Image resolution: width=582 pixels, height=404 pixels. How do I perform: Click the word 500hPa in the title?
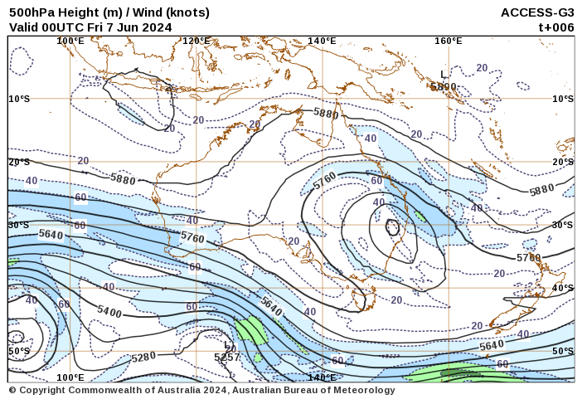point(29,12)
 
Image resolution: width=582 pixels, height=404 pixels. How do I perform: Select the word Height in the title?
point(73,12)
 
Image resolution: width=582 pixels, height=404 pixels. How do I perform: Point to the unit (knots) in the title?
point(187,12)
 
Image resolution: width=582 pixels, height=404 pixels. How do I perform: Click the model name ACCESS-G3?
point(537,12)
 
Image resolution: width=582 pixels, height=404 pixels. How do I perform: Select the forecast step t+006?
point(556,27)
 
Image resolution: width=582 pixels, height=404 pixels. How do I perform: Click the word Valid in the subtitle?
point(25,27)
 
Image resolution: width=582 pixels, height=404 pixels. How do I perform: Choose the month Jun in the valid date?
point(129,27)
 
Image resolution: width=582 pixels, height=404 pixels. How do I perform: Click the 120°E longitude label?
point(196,41)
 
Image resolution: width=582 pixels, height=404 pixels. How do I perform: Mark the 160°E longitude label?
point(448,41)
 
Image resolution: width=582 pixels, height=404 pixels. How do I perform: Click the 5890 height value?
point(444,86)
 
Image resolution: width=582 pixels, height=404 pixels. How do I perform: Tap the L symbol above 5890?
point(444,75)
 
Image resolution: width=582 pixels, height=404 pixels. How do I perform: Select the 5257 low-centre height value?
point(227,358)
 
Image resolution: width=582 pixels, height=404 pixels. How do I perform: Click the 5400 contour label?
point(109,312)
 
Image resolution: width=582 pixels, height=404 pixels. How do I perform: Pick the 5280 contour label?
point(143,358)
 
